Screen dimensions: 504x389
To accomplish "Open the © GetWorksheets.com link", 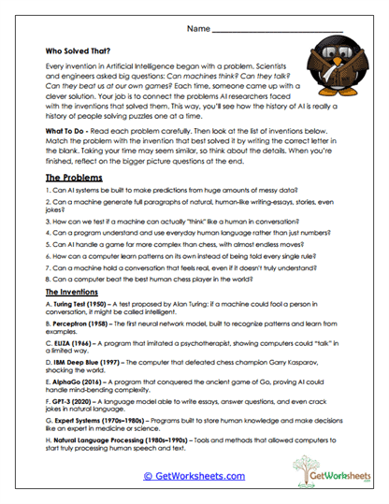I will (193, 476).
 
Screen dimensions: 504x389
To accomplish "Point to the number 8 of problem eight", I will (47, 278).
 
